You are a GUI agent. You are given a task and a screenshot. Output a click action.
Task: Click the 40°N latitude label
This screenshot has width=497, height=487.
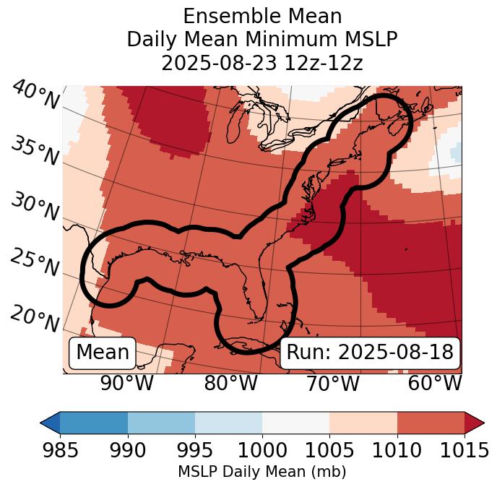point(35,95)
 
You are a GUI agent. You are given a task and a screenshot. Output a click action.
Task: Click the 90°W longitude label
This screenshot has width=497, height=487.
point(126,384)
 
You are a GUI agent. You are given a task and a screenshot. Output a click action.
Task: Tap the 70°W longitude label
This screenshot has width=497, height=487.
point(332,384)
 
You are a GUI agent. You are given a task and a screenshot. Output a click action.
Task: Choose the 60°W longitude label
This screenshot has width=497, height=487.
point(435,384)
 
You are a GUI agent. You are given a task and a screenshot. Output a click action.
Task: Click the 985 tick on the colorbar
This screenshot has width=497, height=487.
point(60,450)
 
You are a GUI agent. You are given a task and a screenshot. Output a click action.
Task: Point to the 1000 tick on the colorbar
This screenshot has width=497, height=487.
point(262,450)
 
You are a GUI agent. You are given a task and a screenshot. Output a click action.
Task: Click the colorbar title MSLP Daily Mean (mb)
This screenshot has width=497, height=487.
point(262,473)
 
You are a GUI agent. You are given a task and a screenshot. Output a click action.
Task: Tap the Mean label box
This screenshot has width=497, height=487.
point(103,353)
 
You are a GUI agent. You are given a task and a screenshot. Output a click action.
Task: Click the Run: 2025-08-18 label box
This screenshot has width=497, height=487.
point(370,353)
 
